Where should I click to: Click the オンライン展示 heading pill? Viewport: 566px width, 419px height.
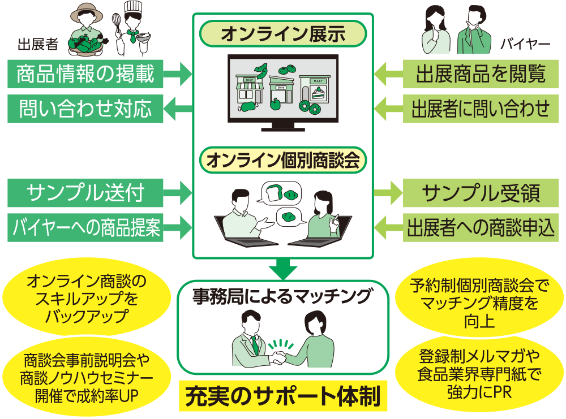click(283, 34)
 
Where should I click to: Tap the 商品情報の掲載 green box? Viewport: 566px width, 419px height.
click(85, 74)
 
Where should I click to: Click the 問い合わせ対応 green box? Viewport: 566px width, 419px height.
click(85, 108)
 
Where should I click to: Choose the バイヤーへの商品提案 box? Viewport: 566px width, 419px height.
click(85, 228)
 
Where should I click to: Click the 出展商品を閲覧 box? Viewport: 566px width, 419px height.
click(481, 74)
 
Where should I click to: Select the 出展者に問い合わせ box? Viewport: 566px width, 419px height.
click(481, 108)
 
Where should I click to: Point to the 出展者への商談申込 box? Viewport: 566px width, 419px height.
click(481, 228)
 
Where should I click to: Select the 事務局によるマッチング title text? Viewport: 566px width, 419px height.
click(283, 296)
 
